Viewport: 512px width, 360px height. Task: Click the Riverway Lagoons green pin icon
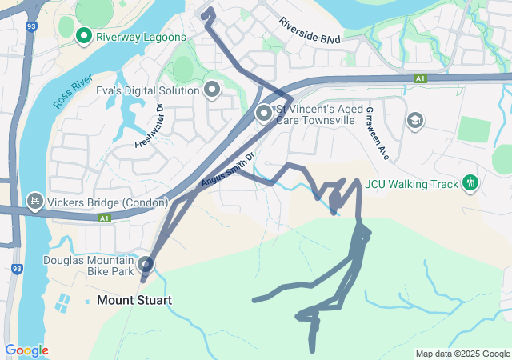[x=83, y=36]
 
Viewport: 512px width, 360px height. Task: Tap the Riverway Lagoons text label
[x=141, y=37]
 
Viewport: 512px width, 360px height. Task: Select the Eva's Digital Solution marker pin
[x=212, y=90]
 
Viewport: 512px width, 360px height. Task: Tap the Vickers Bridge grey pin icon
[x=35, y=199]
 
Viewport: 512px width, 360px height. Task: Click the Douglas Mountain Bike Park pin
[x=146, y=264]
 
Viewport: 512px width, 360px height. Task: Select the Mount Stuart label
[x=134, y=301]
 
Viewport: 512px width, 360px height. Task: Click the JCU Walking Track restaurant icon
[x=470, y=183]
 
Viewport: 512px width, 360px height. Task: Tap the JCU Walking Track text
[x=412, y=184]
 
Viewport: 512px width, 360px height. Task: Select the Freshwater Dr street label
[x=149, y=125]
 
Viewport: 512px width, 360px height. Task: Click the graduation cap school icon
[x=414, y=120]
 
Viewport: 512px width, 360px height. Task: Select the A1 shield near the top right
[x=420, y=78]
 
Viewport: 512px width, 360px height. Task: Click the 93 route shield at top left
[x=31, y=26]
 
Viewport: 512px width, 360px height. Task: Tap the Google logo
[x=26, y=350]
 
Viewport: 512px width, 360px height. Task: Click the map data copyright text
[x=462, y=354]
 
